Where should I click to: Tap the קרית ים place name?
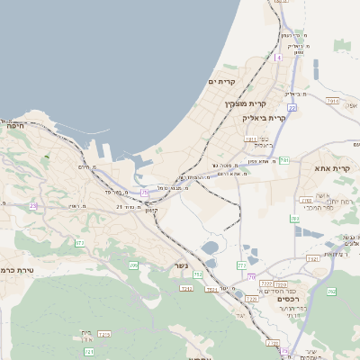tap(221, 82)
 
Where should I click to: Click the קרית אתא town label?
tap(331, 168)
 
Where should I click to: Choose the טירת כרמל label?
tap(18, 269)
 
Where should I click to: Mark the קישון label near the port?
tap(151, 210)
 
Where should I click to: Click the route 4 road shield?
tap(279, 57)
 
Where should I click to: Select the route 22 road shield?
tap(292, 107)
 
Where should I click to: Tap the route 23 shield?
tap(33, 206)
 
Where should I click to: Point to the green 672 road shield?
tap(80, 243)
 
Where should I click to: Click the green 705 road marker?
tap(133, 265)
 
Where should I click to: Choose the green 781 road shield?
tap(283, 160)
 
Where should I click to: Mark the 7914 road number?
tap(333, 101)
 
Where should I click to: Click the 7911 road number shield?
tap(251, 139)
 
